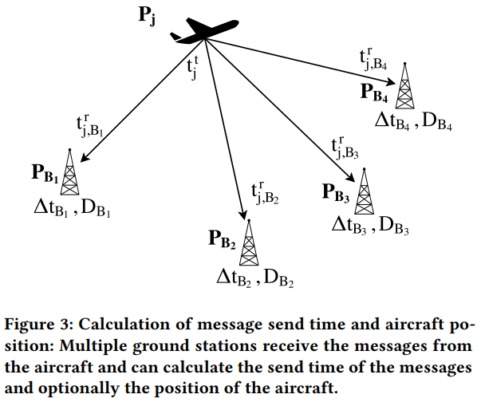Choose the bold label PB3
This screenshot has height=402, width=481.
[336, 192]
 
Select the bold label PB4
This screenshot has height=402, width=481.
[375, 94]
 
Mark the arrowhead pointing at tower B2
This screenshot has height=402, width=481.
[242, 213]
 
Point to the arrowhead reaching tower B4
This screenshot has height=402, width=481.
[393, 69]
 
